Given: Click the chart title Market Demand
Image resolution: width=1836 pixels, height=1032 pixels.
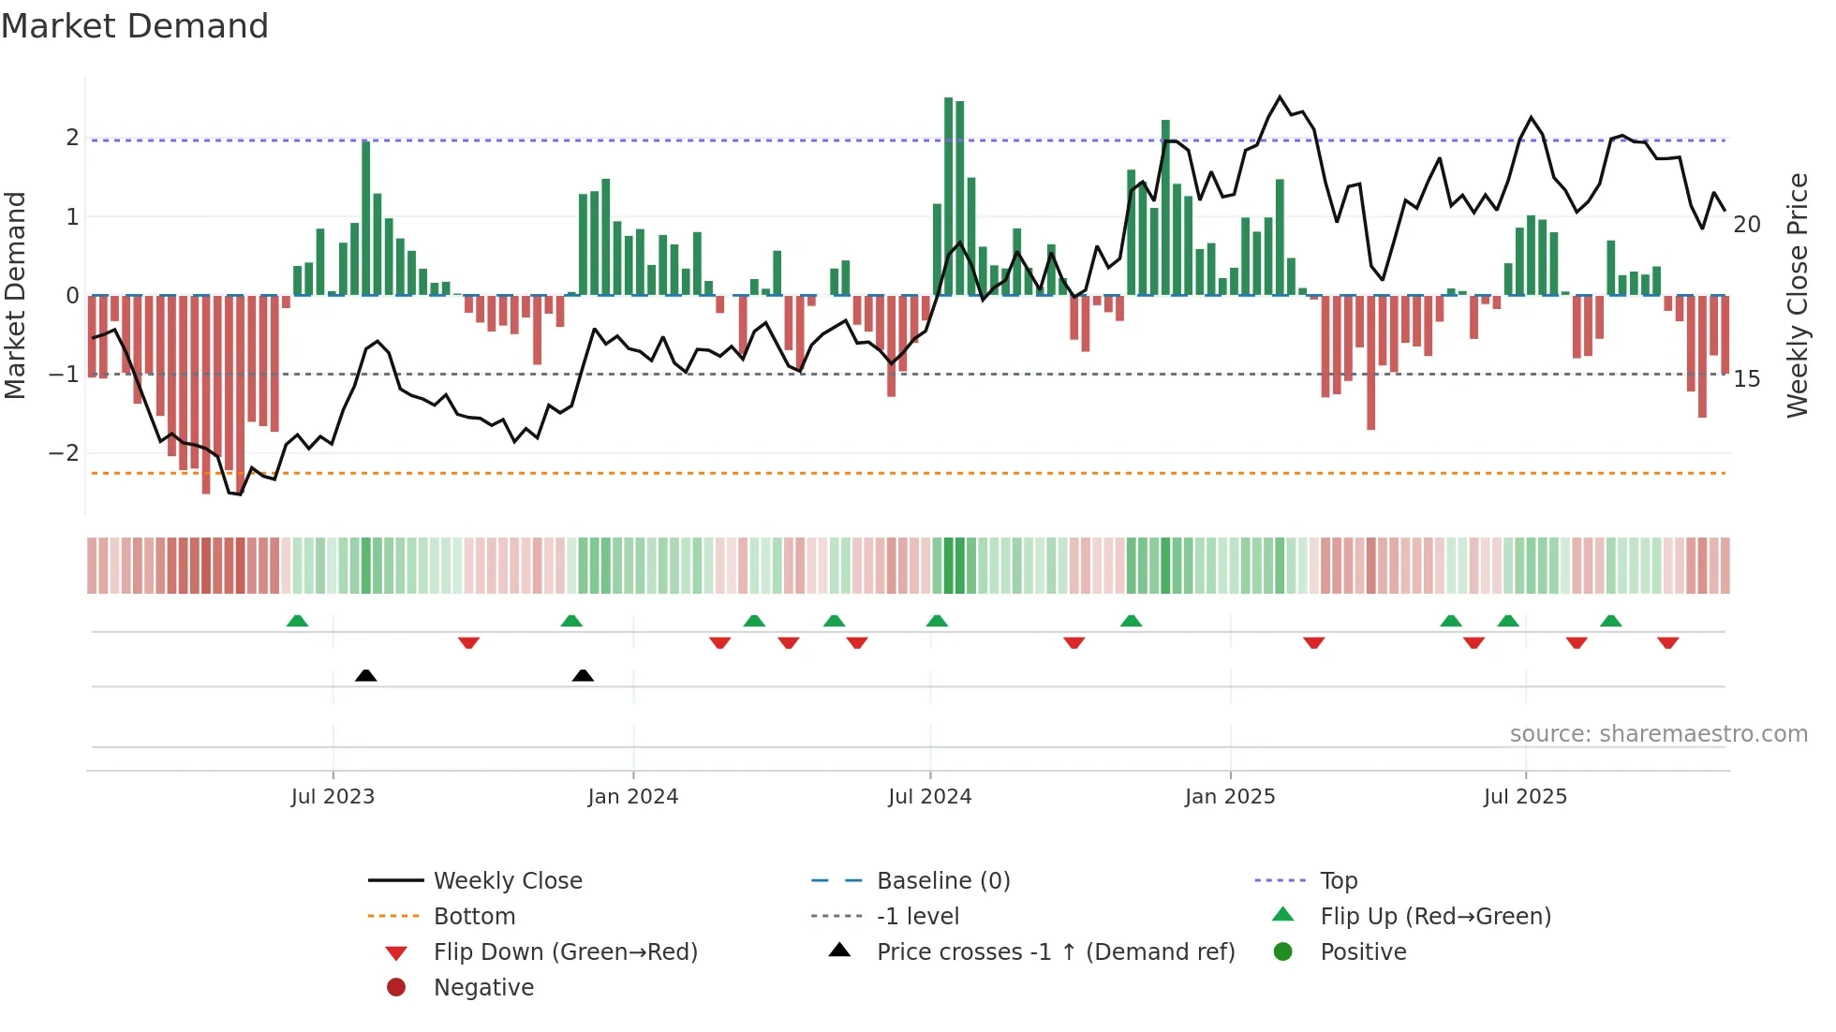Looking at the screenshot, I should pyautogui.click(x=135, y=26).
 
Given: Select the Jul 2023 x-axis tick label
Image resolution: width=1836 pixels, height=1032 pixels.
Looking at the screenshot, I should pyautogui.click(x=333, y=797).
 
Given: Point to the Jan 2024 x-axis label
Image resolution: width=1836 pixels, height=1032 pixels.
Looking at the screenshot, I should pyautogui.click(x=632, y=797).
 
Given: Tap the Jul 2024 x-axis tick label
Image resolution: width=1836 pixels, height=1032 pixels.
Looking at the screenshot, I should pyautogui.click(x=929, y=797).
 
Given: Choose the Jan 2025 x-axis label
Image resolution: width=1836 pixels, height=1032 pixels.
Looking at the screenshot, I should pyautogui.click(x=1229, y=797).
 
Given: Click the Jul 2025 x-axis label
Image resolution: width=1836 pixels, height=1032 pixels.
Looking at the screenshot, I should pyautogui.click(x=1525, y=797).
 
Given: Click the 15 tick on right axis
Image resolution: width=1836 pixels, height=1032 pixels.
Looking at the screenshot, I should pyautogui.click(x=1746, y=379).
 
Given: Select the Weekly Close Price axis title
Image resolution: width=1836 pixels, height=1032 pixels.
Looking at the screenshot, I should pyautogui.click(x=1797, y=295).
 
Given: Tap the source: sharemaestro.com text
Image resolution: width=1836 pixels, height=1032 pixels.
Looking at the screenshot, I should pyautogui.click(x=1658, y=734).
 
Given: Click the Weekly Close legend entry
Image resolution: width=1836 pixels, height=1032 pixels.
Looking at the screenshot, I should pyautogui.click(x=507, y=881).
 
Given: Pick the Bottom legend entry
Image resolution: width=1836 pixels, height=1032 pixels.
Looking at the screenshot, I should pyautogui.click(x=474, y=917).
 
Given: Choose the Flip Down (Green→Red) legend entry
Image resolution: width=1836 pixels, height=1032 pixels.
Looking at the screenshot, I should pyautogui.click(x=565, y=952).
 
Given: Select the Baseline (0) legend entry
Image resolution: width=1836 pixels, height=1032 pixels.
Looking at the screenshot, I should pyautogui.click(x=942, y=881).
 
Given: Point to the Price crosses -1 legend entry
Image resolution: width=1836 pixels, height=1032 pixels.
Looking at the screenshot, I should pyautogui.click(x=1055, y=952).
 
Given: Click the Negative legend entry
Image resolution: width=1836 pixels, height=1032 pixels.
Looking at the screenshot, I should pyautogui.click(x=483, y=988).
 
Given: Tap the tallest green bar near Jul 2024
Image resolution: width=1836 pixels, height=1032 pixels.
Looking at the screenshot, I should pyautogui.click(x=948, y=197).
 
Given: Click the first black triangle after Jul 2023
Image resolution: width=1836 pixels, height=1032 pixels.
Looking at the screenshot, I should pyautogui.click(x=366, y=675).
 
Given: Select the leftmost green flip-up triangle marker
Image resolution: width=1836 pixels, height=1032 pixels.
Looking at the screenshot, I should pyautogui.click(x=297, y=621).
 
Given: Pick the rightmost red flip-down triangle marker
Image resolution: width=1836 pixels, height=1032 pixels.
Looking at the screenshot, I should pyautogui.click(x=1667, y=642).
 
